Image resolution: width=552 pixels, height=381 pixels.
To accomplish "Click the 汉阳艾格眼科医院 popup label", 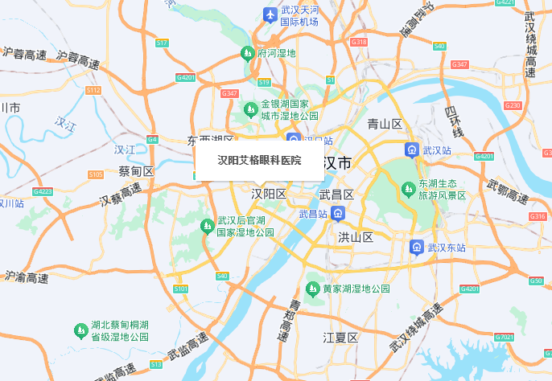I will [x=259, y=160].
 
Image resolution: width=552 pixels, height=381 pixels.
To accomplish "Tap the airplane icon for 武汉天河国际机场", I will [x=270, y=14].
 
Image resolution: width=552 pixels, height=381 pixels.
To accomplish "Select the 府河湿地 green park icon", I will [x=248, y=54].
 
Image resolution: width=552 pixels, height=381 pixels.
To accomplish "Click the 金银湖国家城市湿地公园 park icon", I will [x=252, y=105].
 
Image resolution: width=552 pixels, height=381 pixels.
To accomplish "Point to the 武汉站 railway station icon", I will [x=411, y=150].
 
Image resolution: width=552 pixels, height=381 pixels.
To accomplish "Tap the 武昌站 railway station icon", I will [x=339, y=214].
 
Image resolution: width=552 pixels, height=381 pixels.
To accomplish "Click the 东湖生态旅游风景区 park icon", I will [x=408, y=189].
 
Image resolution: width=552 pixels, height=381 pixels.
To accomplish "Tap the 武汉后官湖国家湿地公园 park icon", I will [x=207, y=227].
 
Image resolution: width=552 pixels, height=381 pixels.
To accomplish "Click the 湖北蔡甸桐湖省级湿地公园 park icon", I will [x=80, y=330].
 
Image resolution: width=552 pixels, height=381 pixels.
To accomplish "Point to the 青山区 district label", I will [x=384, y=124].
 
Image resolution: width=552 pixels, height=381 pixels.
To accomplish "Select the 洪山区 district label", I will [x=355, y=237].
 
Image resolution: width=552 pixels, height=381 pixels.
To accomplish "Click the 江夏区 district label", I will [x=340, y=338].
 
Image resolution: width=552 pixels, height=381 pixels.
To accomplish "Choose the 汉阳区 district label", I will [x=269, y=195].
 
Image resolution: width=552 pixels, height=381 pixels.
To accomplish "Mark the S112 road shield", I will [x=93, y=91].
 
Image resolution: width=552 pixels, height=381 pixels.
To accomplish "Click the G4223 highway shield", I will [x=43, y=191].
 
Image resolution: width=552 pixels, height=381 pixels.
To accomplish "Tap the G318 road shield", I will [x=359, y=42].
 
